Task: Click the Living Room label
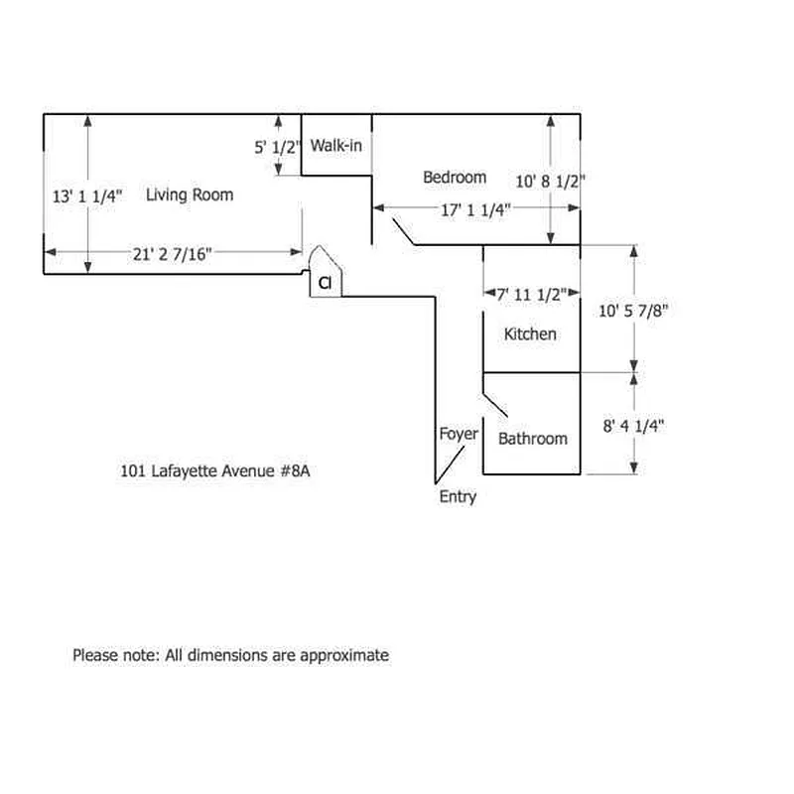[x=190, y=195]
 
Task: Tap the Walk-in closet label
[x=336, y=146]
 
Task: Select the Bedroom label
[x=455, y=178]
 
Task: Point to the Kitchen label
[x=530, y=334]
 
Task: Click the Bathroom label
[x=533, y=439]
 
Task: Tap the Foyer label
[x=459, y=434]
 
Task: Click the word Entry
[x=458, y=497]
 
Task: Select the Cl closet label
[x=325, y=283]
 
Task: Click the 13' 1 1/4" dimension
[x=87, y=197]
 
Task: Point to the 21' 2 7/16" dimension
[x=172, y=254]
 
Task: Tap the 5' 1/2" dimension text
[x=277, y=147]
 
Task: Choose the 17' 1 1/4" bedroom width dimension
[x=475, y=209]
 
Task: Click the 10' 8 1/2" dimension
[x=550, y=182]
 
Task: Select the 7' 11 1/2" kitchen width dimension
[x=531, y=294]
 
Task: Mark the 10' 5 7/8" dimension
[x=633, y=311]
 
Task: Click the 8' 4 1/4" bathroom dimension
[x=633, y=426]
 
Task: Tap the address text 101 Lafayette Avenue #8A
[x=214, y=470]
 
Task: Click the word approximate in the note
[x=344, y=655]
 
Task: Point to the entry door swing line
[x=450, y=464]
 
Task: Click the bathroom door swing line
[x=495, y=405]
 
